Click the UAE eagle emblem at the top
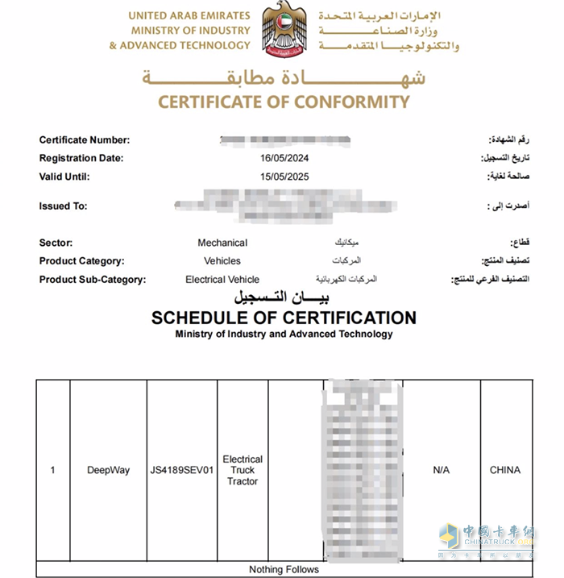point(284,29)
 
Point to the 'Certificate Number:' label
point(84,140)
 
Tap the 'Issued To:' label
point(63,206)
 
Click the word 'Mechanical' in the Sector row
point(222,243)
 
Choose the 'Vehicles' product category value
point(222,261)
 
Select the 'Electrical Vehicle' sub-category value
point(222,280)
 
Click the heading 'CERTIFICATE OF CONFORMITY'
point(284,102)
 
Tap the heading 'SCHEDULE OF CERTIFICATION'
point(284,318)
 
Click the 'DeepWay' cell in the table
point(108,470)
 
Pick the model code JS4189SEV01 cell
point(182,470)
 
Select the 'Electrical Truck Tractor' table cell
point(243,470)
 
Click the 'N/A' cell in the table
point(442,470)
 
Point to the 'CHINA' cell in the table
point(505,470)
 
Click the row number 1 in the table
point(53,470)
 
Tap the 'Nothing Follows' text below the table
point(284,570)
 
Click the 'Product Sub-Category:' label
point(92,280)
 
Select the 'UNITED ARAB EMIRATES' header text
point(189,16)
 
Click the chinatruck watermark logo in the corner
point(486,542)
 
